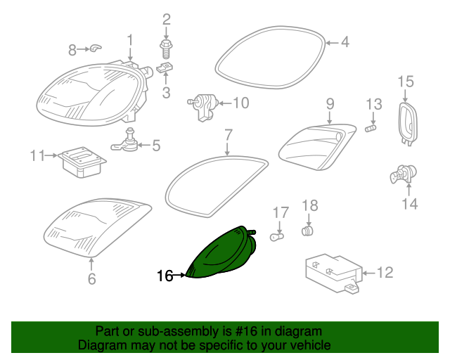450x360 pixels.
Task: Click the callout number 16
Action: (165, 276)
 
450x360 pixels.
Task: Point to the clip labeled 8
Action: (96, 49)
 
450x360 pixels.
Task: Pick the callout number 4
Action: (345, 43)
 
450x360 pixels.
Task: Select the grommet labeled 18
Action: (307, 231)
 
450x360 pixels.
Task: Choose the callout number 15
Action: (406, 83)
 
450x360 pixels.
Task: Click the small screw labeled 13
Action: (373, 127)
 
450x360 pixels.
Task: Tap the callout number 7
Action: (228, 134)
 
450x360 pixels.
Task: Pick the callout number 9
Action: (330, 104)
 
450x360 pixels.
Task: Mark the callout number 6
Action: (91, 280)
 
